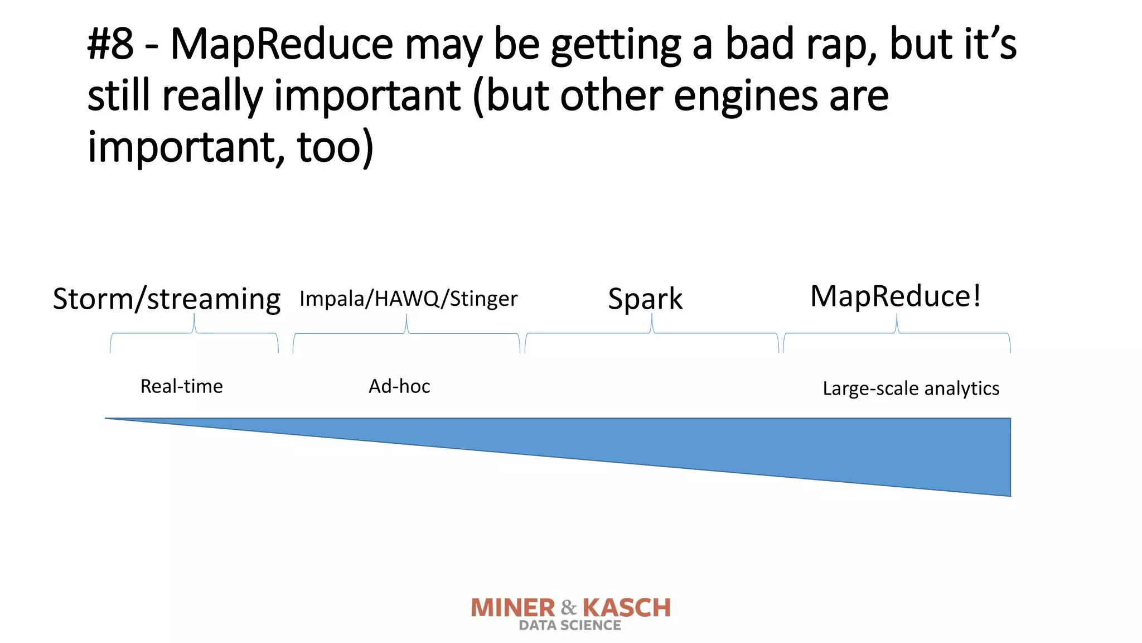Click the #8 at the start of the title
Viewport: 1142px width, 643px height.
pyautogui.click(x=110, y=45)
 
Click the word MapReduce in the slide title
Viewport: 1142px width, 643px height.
pyautogui.click(x=282, y=45)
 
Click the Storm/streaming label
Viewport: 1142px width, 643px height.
pyautogui.click(x=166, y=299)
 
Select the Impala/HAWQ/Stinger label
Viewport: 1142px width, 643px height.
pyautogui.click(x=408, y=299)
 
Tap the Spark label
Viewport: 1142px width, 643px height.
pyautogui.click(x=645, y=299)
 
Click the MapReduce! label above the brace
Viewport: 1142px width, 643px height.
pyautogui.click(x=895, y=296)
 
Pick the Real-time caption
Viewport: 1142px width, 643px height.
pyautogui.click(x=181, y=386)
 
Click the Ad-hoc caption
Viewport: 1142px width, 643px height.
pyautogui.click(x=399, y=386)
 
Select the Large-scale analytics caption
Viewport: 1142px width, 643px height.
pyautogui.click(x=911, y=388)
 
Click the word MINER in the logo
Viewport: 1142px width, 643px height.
pyautogui.click(x=513, y=608)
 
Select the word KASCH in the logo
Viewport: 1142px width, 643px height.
pyautogui.click(x=627, y=608)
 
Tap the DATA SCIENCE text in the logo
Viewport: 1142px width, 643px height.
pyautogui.click(x=569, y=626)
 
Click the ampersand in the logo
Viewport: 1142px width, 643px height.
pyautogui.click(x=569, y=607)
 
